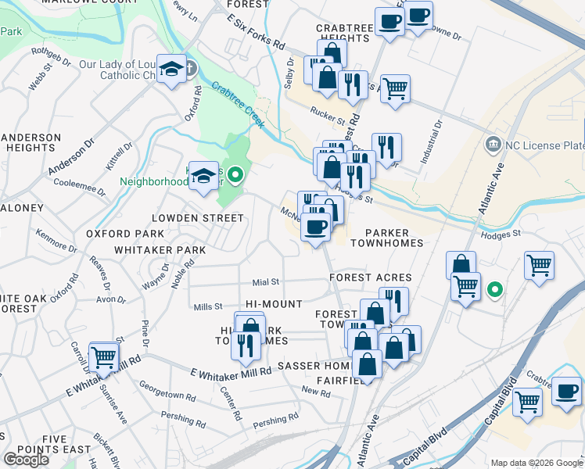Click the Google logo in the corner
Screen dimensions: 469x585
click(27, 460)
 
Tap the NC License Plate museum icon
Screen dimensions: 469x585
click(493, 145)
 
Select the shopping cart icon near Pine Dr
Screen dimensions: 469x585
click(103, 358)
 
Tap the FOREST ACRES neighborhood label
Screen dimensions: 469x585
click(370, 277)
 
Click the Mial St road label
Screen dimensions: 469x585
click(265, 281)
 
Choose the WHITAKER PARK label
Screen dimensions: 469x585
click(160, 250)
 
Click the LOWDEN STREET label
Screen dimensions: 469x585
click(187, 218)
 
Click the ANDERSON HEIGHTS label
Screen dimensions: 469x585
click(31, 142)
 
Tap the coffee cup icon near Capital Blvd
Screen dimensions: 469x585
click(566, 390)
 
